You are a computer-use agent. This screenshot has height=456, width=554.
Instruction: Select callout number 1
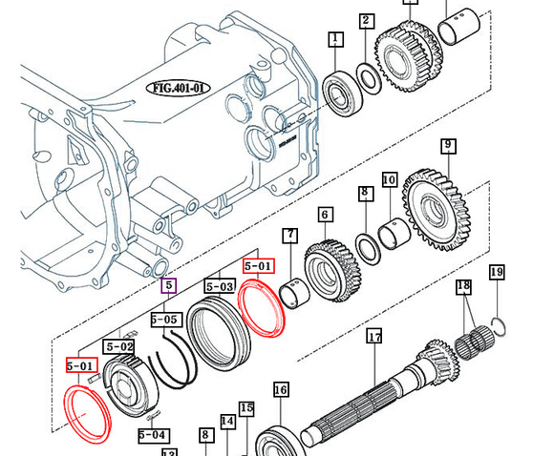tap(335, 39)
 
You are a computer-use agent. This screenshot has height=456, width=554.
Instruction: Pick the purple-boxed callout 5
tap(168, 284)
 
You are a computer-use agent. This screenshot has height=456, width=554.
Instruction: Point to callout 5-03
tap(220, 285)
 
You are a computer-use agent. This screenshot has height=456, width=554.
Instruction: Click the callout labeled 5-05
tap(165, 320)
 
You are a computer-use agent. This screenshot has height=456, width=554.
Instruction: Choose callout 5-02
tap(120, 346)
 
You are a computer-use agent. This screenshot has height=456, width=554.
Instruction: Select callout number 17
tap(374, 337)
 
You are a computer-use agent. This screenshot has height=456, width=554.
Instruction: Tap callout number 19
tap(496, 274)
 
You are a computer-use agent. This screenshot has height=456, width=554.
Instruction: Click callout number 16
tap(281, 389)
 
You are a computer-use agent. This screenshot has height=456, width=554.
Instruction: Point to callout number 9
tap(447, 146)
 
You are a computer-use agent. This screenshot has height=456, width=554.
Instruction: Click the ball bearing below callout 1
tap(338, 93)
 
